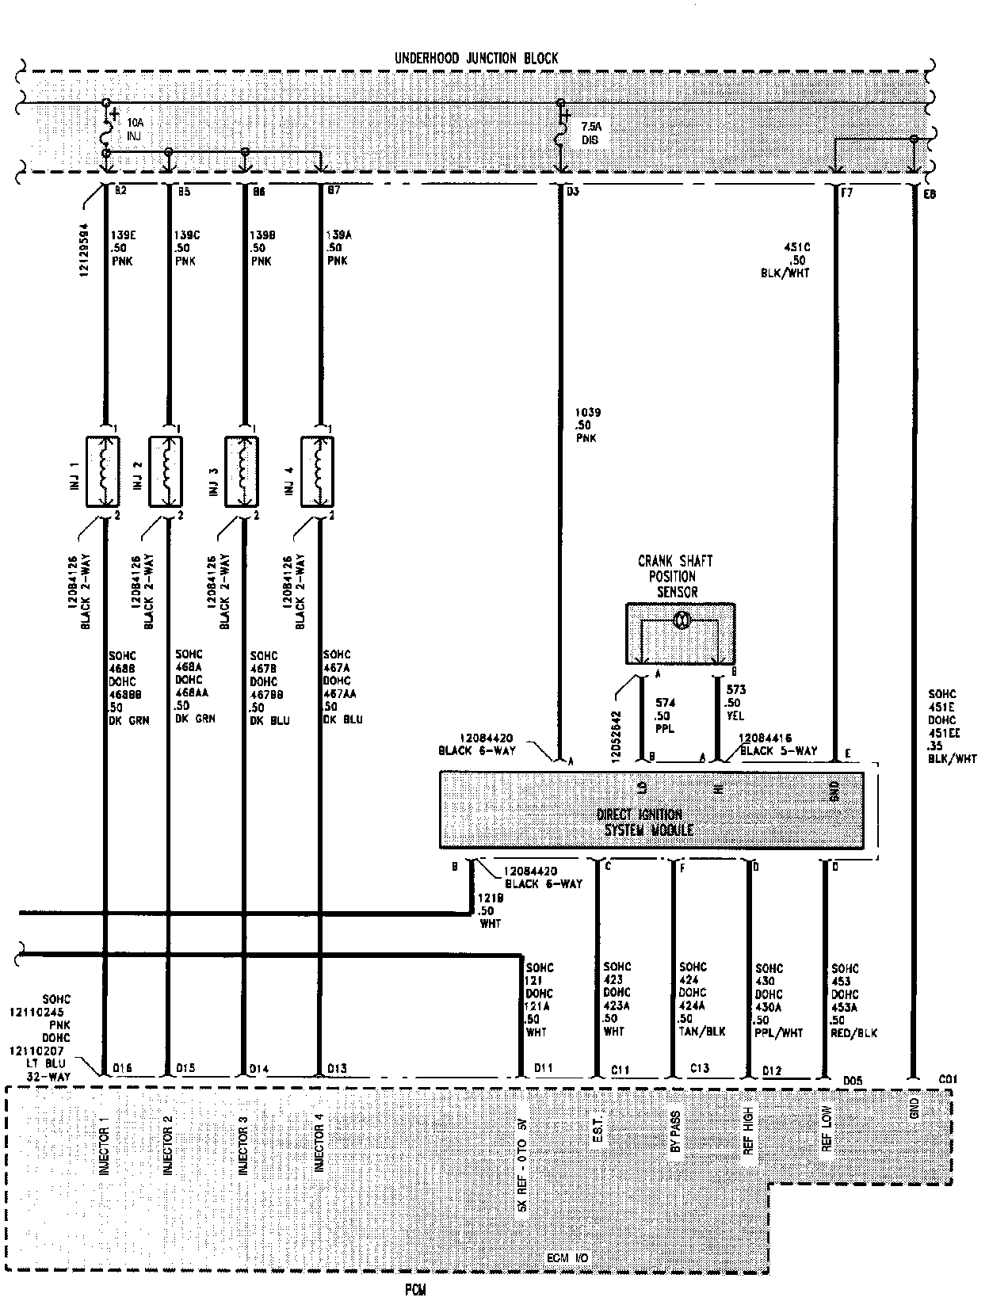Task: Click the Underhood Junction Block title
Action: [x=476, y=59]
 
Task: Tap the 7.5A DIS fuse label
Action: [x=591, y=133]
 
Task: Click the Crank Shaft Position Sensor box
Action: [x=680, y=633]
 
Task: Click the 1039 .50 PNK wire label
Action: [x=588, y=425]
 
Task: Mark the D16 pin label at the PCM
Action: [x=122, y=1069]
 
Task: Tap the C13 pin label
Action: [x=699, y=1069]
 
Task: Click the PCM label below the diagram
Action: [x=415, y=1290]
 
